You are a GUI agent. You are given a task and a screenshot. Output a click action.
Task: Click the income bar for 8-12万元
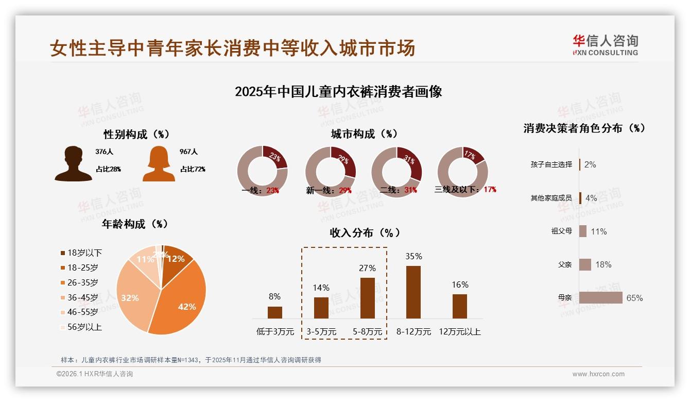(x=413, y=292)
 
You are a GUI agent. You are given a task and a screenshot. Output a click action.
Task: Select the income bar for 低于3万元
(x=275, y=312)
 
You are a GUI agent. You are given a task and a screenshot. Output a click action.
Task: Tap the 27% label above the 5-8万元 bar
(x=368, y=268)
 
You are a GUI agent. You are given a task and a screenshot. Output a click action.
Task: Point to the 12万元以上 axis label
(x=459, y=332)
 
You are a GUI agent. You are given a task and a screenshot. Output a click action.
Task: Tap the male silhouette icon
(x=73, y=164)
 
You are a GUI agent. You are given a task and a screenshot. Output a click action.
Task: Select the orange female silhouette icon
(x=159, y=164)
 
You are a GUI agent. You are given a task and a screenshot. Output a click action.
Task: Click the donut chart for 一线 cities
(x=262, y=171)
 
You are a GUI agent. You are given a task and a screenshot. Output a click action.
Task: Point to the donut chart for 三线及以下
(x=462, y=171)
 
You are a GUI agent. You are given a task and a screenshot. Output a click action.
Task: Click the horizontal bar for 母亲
(x=601, y=298)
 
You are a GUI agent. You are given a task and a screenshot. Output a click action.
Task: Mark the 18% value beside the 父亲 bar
(x=603, y=264)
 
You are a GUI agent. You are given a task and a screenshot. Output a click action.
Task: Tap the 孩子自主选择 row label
(x=551, y=164)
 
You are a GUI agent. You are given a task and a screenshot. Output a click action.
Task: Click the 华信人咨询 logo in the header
(x=605, y=45)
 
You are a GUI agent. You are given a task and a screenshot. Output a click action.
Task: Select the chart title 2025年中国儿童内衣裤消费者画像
(x=338, y=92)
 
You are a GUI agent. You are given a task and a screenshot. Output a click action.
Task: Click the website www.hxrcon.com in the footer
(x=598, y=374)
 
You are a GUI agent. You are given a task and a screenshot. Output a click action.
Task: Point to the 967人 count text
(x=188, y=152)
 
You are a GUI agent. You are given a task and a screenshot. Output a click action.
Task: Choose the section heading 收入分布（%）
(x=365, y=232)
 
